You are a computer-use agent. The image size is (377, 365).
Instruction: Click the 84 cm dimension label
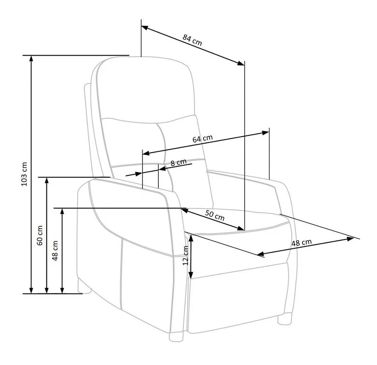(192, 40)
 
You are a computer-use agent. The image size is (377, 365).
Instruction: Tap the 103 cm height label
(25, 174)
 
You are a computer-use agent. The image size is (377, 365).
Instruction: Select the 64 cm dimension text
(203, 138)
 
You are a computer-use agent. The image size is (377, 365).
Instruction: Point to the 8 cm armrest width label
(178, 163)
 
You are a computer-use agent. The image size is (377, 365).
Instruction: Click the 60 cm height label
(40, 235)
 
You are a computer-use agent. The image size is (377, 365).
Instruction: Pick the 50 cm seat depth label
(215, 215)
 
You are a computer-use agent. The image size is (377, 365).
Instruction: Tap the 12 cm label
(186, 255)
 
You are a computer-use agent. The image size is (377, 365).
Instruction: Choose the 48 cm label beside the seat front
(302, 242)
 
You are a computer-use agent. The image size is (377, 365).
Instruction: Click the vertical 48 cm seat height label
(55, 251)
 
